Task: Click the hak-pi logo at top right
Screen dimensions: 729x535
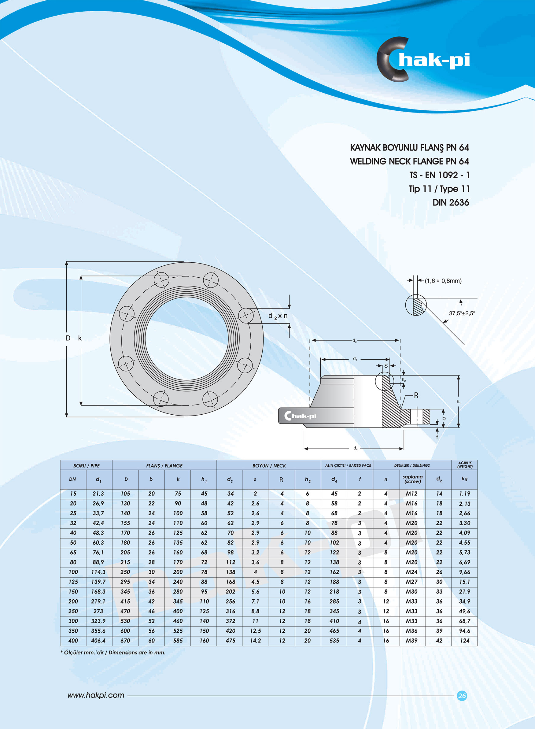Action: click(x=422, y=60)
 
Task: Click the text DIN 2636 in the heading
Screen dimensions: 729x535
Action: click(x=451, y=202)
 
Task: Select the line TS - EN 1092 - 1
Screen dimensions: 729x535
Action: click(x=439, y=175)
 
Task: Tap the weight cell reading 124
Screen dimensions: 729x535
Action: click(x=464, y=640)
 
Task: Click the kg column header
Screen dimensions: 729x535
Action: click(x=464, y=479)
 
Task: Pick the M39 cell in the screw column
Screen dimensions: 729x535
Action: click(x=411, y=640)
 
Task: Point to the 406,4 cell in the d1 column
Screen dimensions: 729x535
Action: click(x=98, y=640)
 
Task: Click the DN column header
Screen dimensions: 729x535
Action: click(x=72, y=479)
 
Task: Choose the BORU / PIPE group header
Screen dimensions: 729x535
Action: click(x=86, y=465)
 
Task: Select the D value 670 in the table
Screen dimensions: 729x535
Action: click(x=125, y=640)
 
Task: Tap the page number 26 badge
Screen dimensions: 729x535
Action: click(x=462, y=695)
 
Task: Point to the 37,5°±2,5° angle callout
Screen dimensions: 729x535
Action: click(x=462, y=313)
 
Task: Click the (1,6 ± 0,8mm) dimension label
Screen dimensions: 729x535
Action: click(x=443, y=281)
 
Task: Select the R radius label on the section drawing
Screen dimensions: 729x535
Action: click(x=416, y=395)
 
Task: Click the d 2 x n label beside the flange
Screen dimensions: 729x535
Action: click(x=278, y=316)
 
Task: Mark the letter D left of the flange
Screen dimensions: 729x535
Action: click(x=68, y=338)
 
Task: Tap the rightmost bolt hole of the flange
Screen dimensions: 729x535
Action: click(x=246, y=315)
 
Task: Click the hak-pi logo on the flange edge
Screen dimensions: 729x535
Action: click(x=300, y=416)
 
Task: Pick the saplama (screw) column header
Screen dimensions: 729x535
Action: click(x=412, y=479)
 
